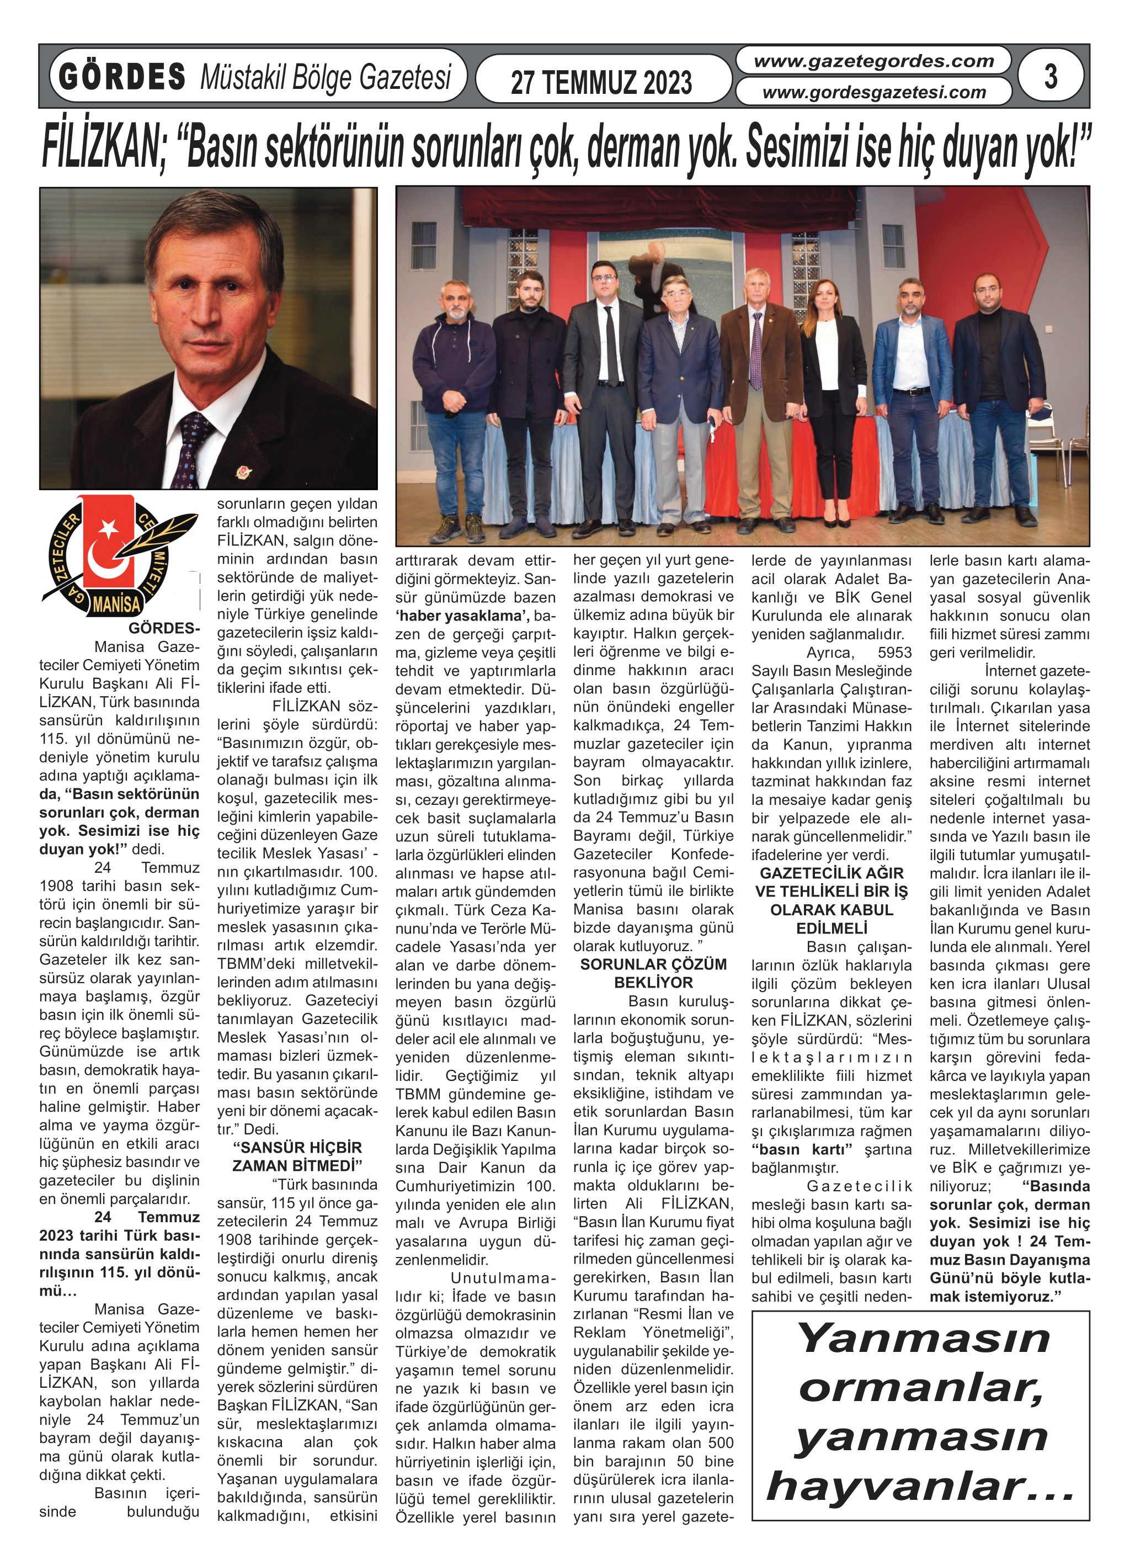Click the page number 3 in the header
pos(1050,77)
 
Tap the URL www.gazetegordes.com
pos(873,61)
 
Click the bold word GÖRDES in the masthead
pos(122,77)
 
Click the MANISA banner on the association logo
pos(116,604)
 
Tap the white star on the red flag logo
pos(108,529)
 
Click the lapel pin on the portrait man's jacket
pos(242,473)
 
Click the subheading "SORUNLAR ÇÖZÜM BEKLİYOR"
pos(653,973)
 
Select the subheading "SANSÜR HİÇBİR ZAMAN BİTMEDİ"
pos(297,1156)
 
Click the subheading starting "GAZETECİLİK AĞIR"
pos(831,900)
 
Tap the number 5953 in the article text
pos(894,652)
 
